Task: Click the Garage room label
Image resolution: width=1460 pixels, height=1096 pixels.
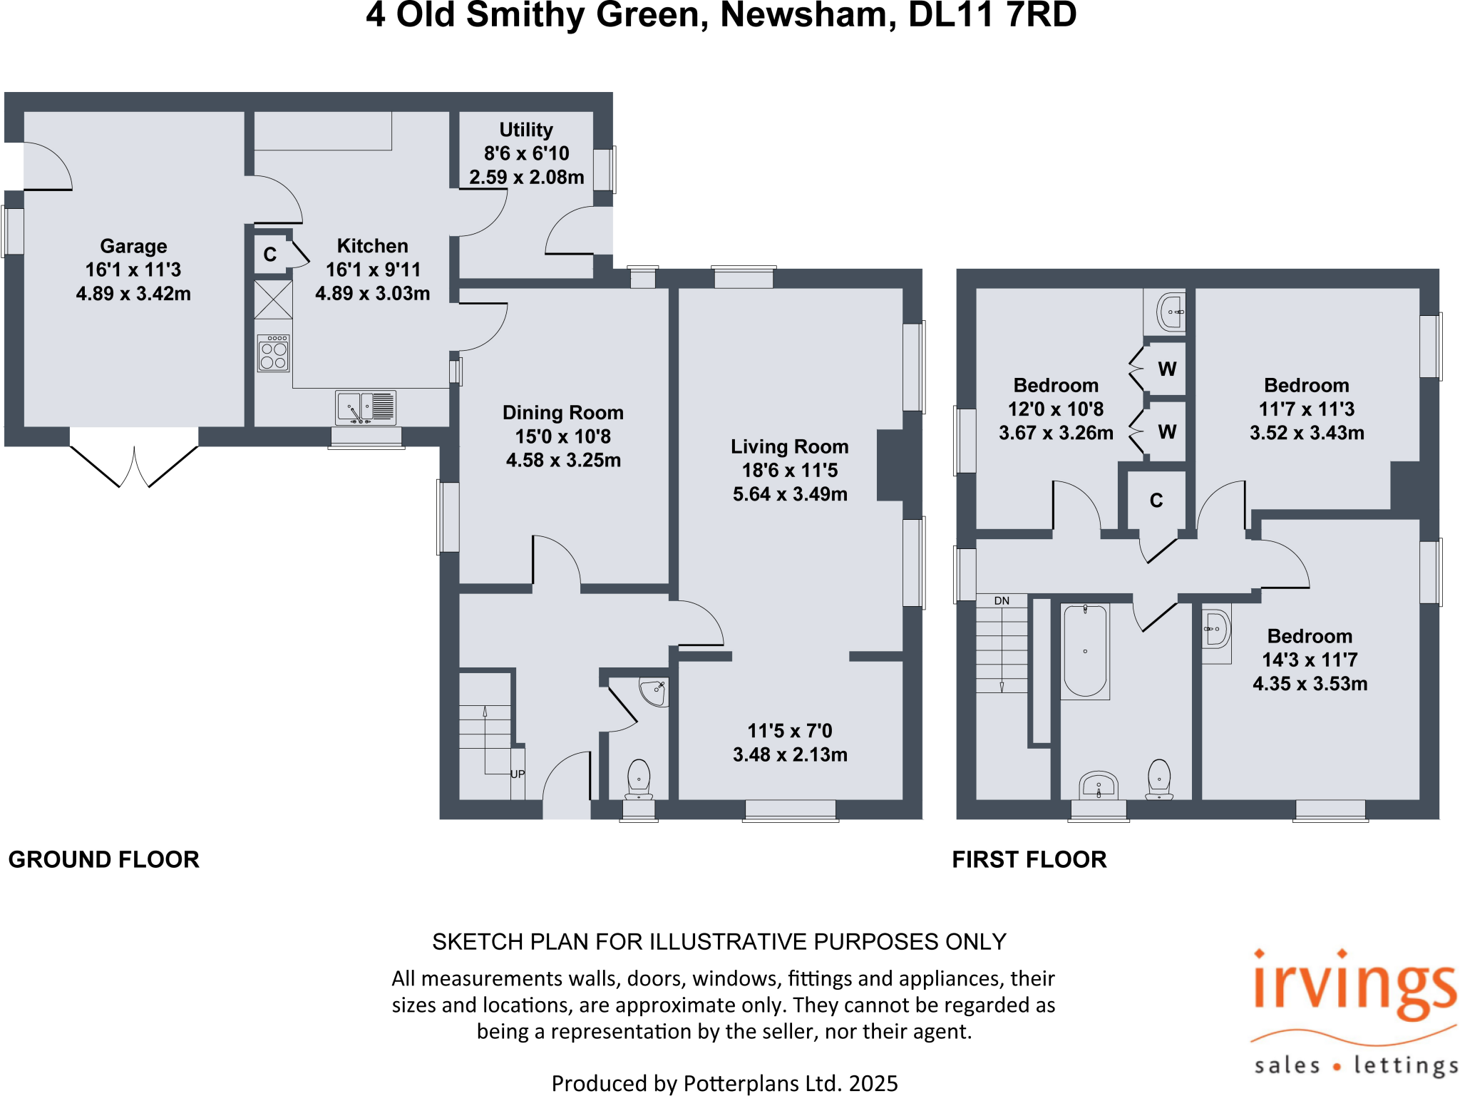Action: pyautogui.click(x=133, y=246)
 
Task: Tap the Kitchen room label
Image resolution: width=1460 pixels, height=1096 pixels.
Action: pyautogui.click(x=372, y=246)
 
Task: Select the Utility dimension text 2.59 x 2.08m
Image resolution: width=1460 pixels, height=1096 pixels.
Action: pyautogui.click(x=526, y=177)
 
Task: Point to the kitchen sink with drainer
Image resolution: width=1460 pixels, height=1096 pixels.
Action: pyautogui.click(x=366, y=408)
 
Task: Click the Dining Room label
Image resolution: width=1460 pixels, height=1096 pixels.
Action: pyautogui.click(x=562, y=413)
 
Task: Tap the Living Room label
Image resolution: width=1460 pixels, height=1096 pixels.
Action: pyautogui.click(x=789, y=447)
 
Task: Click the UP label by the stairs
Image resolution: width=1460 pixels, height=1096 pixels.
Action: pyautogui.click(x=518, y=774)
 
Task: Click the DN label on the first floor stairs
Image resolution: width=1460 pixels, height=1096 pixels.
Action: pyautogui.click(x=1002, y=601)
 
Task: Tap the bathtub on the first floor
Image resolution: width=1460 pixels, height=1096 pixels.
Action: pyautogui.click(x=1085, y=651)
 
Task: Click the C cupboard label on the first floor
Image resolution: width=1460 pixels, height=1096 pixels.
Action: pyautogui.click(x=1156, y=501)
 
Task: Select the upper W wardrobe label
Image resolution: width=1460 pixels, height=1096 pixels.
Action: pyautogui.click(x=1167, y=369)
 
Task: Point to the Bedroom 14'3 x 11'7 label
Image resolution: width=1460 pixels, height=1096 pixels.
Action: pyautogui.click(x=1310, y=636)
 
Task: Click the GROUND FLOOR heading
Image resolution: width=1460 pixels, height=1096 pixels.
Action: pyautogui.click(x=104, y=859)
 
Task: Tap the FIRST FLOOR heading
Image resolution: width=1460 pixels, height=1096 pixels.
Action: pyautogui.click(x=1029, y=859)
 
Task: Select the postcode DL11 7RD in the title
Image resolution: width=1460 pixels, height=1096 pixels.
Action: pyautogui.click(x=992, y=16)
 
